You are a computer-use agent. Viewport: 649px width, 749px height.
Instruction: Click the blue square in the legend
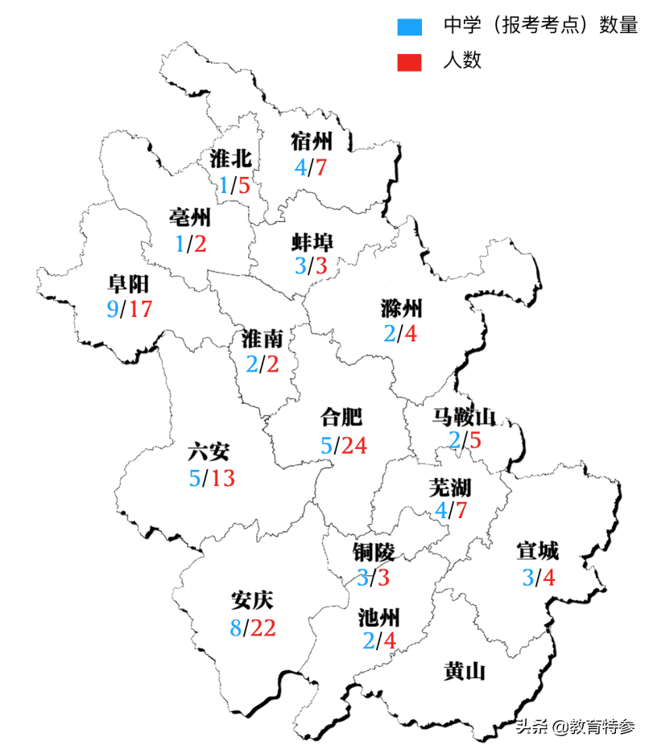[410, 27]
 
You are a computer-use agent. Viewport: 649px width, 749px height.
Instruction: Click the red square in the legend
[410, 61]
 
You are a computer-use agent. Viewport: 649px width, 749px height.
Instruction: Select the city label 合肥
[341, 417]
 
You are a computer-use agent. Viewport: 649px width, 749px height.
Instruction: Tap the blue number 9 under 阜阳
[112, 308]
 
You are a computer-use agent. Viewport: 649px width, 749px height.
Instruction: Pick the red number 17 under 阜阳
[141, 308]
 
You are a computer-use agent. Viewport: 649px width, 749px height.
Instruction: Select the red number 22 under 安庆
[263, 628]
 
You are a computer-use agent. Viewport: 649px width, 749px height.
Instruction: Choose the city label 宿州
[311, 142]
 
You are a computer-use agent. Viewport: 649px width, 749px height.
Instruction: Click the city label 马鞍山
[464, 417]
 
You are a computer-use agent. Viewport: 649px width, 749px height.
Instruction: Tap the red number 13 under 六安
[223, 479]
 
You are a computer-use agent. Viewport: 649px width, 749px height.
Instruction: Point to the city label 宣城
[537, 552]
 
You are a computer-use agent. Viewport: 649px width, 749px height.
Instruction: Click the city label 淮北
[230, 158]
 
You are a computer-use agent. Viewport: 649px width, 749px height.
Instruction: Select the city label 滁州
[401, 307]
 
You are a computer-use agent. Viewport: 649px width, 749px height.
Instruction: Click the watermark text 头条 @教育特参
[574, 726]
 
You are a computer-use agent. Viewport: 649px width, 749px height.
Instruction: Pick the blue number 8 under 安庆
[236, 628]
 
